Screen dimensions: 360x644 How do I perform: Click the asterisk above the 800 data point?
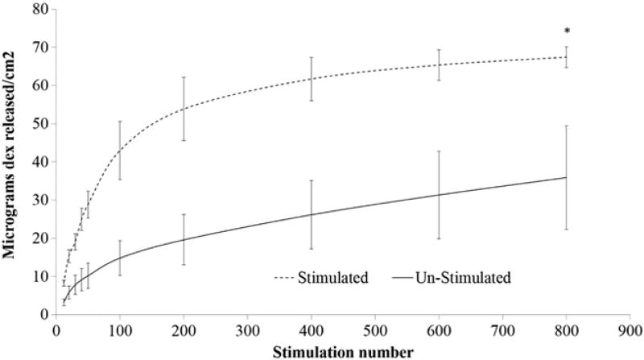(566, 32)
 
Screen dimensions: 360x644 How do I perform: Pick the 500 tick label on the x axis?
(374, 330)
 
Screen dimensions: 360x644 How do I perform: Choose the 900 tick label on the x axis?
(630, 330)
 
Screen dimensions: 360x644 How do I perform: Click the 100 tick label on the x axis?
(119, 330)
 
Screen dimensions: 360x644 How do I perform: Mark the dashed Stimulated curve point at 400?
(311, 79)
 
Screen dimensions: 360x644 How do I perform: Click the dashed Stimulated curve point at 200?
(184, 109)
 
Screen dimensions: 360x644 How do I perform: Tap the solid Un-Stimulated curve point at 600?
(439, 195)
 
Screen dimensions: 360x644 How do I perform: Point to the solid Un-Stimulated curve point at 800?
(566, 177)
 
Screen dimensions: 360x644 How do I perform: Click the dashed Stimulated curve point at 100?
(119, 150)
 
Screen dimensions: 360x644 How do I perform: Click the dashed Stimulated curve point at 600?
(439, 65)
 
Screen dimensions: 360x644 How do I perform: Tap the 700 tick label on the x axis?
(502, 330)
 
